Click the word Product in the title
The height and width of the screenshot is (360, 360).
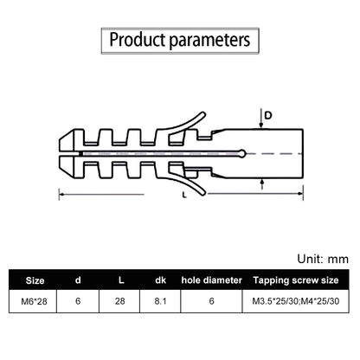pyautogui.click(x=138, y=40)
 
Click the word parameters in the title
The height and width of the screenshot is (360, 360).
pyautogui.click(x=209, y=41)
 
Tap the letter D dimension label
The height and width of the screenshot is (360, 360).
pyautogui.click(x=268, y=116)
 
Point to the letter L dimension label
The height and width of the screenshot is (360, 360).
pyautogui.click(x=184, y=195)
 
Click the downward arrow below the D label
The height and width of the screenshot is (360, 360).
pyautogui.click(x=261, y=119)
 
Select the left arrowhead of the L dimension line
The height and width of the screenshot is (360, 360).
pyautogui.click(x=61, y=195)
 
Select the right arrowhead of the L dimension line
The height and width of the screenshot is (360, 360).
pyautogui.click(x=300, y=194)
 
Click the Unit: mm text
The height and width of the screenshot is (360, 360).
pyautogui.click(x=323, y=259)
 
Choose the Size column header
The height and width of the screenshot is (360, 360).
pyautogui.click(x=35, y=280)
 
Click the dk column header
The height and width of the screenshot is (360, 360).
pyautogui.click(x=160, y=280)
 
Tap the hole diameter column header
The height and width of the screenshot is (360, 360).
pyautogui.click(x=212, y=280)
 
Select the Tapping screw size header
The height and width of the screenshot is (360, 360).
pyautogui.click(x=296, y=280)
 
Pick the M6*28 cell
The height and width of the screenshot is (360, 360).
pyautogui.click(x=34, y=301)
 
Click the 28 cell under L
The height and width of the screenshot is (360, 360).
pyautogui.click(x=120, y=301)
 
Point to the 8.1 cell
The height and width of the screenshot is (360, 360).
pyautogui.click(x=160, y=301)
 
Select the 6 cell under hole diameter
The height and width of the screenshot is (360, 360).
pyautogui.click(x=212, y=301)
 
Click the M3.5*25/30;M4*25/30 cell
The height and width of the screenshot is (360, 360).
pyautogui.click(x=296, y=301)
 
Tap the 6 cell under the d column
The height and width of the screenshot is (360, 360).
pyautogui.click(x=78, y=301)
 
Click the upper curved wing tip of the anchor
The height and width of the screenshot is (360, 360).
pyautogui.click(x=203, y=114)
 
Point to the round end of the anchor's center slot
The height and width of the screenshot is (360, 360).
pyautogui.click(x=243, y=153)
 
